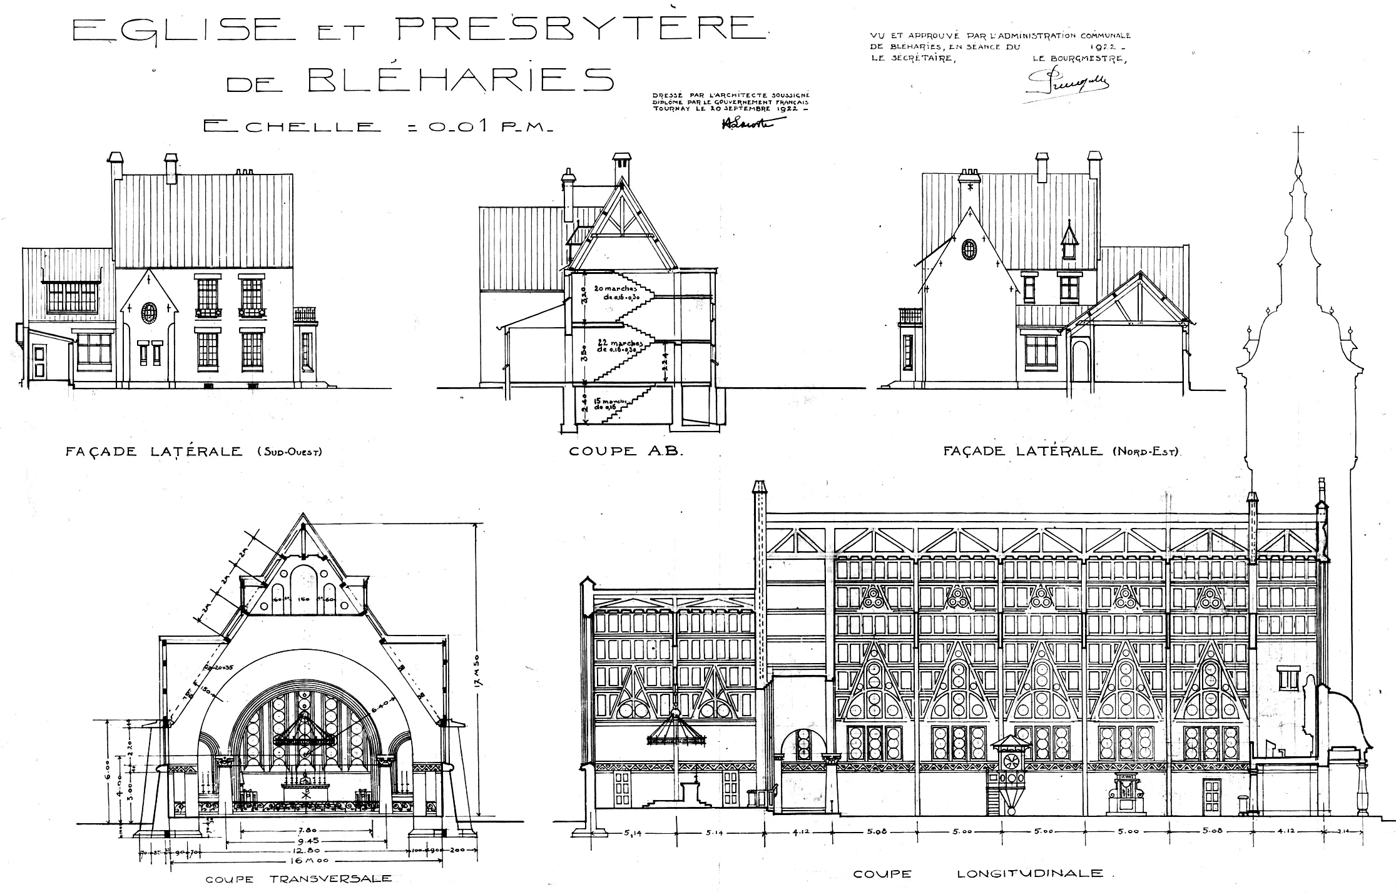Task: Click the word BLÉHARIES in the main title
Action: pyautogui.click(x=461, y=79)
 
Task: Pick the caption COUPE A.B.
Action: pyautogui.click(x=625, y=450)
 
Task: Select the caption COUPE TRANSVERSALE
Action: pyautogui.click(x=298, y=879)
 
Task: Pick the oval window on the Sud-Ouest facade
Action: pyautogui.click(x=149, y=312)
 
